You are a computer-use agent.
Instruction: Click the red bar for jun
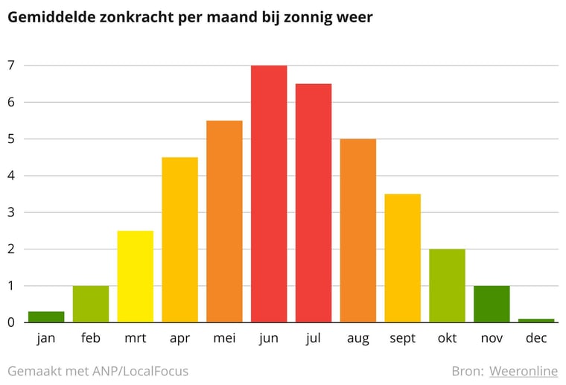[269, 194]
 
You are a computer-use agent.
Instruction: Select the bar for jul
[314, 203]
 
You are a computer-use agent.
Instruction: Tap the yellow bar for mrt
[136, 276]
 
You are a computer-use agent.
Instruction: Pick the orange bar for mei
[224, 221]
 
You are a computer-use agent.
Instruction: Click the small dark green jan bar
[46, 316]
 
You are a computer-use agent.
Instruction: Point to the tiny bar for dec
[536, 320]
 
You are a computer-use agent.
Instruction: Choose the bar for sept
[403, 258]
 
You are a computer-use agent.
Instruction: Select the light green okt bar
[447, 285]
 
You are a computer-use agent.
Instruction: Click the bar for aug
[358, 230]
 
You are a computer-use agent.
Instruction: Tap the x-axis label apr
[179, 339]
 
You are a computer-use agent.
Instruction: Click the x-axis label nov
[492, 339]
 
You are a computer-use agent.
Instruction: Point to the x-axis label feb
[91, 339]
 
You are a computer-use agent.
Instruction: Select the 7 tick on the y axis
[11, 66]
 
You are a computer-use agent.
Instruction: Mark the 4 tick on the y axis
[11, 176]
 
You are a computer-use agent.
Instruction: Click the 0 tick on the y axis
[11, 322]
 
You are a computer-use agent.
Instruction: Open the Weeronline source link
[524, 371]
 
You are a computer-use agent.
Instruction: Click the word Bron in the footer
[467, 371]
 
